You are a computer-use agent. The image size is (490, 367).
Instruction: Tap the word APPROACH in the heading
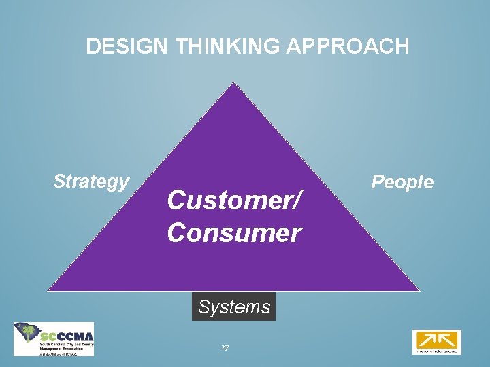click(x=358, y=46)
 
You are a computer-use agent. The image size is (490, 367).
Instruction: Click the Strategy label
click(x=91, y=181)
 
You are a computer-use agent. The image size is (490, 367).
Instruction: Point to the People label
click(x=402, y=181)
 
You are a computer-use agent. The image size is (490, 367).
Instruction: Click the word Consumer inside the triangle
click(x=234, y=233)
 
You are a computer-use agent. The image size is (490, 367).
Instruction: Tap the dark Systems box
click(x=234, y=307)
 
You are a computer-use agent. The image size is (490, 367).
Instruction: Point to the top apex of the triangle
click(x=233, y=84)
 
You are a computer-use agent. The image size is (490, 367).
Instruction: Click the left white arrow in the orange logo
click(x=427, y=338)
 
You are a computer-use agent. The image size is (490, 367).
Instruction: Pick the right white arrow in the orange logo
click(x=445, y=338)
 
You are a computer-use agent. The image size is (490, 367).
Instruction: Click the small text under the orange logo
click(x=436, y=351)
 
